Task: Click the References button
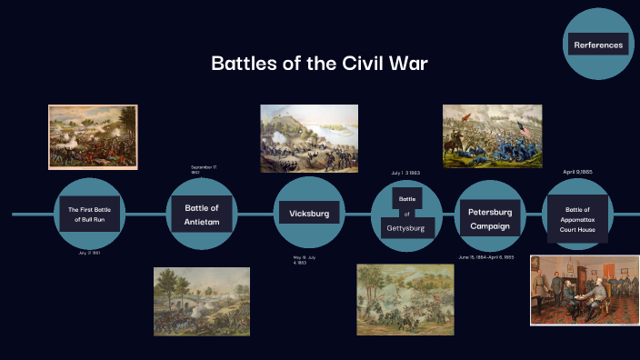[597, 45]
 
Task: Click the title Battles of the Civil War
[319, 65]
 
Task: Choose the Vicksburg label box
[309, 214]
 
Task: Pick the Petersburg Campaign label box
[489, 219]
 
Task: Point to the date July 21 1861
[89, 254]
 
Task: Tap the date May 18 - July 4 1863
[305, 261]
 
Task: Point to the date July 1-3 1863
[405, 173]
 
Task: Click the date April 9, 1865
[577, 171]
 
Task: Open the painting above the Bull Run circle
[92, 136]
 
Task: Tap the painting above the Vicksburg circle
[308, 137]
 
